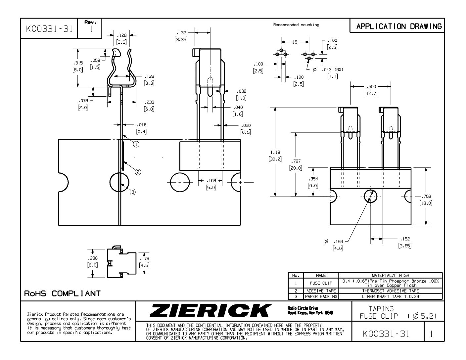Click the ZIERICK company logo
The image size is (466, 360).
(210, 310)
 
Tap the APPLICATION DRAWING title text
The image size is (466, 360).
(399, 26)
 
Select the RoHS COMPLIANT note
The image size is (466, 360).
(62, 293)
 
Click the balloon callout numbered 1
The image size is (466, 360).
(136, 144)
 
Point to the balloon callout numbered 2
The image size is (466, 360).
(138, 172)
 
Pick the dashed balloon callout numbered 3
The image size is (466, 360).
(133, 192)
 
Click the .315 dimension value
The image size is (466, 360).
(78, 63)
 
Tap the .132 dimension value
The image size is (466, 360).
(181, 33)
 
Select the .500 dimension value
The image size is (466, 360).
(371, 87)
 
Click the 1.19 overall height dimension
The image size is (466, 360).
(275, 152)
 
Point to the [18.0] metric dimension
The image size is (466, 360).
(426, 203)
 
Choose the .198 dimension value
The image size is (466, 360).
(211, 181)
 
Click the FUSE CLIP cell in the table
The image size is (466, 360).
(321, 283)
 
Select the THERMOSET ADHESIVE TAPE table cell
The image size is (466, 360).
(390, 291)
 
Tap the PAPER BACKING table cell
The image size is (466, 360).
(321, 296)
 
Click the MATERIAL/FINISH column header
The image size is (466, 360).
(390, 275)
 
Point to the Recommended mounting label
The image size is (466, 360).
(296, 25)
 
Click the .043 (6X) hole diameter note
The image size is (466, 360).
(332, 70)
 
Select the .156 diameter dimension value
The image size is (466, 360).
(338, 242)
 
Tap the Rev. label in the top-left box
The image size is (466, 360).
(90, 22)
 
